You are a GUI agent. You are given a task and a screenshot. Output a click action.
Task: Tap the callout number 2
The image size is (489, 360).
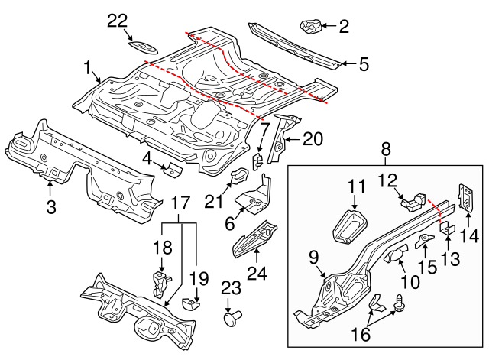[x=343, y=28]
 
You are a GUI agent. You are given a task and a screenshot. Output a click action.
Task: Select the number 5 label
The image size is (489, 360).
[x=364, y=64]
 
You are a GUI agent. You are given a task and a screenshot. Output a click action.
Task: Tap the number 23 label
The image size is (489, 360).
[x=230, y=288]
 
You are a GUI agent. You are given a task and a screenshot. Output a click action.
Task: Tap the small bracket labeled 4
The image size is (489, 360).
[x=172, y=168]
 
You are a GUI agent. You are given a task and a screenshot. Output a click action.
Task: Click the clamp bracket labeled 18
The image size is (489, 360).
[x=160, y=283]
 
